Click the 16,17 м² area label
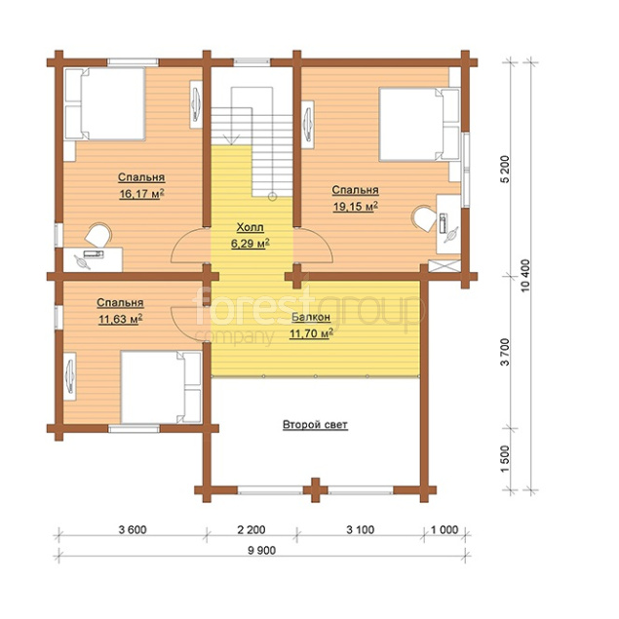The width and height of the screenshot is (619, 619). click(x=141, y=194)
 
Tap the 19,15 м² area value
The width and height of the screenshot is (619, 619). click(x=356, y=207)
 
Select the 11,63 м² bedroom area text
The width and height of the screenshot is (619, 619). click(x=121, y=319)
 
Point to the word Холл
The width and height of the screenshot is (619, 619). click(x=250, y=227)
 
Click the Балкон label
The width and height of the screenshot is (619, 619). click(x=311, y=317)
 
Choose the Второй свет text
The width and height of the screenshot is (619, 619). click(x=315, y=425)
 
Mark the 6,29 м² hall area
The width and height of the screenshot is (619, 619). click(x=251, y=244)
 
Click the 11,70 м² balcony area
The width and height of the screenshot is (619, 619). click(x=311, y=334)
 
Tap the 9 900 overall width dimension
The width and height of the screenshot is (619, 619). click(x=261, y=550)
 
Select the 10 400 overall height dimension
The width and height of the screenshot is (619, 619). click(x=525, y=276)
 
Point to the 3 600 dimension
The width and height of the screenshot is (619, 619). click(x=133, y=529)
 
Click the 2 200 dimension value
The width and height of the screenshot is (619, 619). click(x=251, y=529)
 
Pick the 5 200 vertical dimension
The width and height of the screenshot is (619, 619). click(x=505, y=169)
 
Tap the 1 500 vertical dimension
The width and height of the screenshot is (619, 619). click(x=505, y=459)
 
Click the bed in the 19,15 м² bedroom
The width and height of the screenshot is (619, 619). click(x=419, y=125)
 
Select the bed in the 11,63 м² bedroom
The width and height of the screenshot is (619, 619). click(x=161, y=387)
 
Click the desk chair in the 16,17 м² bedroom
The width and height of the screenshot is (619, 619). click(x=98, y=235)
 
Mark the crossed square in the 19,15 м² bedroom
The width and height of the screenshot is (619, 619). click(x=445, y=266)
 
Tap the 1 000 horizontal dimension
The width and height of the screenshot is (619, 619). click(x=445, y=529)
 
